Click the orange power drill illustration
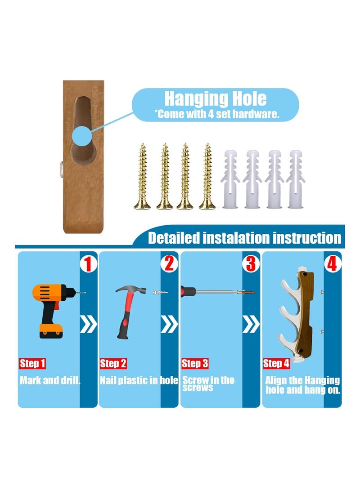pos(53,311)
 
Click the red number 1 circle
pos(88,264)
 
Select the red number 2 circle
pos(169,264)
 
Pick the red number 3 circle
pos(251,264)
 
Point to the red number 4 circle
pos(332,264)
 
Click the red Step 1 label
pos(32,363)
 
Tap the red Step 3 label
pos(195,363)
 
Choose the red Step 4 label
pos(276,363)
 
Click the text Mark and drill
pos(50,380)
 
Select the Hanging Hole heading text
pos(216,99)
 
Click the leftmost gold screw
pos(142,176)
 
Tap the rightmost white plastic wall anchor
pos(295,179)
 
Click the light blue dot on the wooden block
pos(82,137)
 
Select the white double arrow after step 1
pos(89,325)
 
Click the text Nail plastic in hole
pos(139,380)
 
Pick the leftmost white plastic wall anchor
pos(230,179)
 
